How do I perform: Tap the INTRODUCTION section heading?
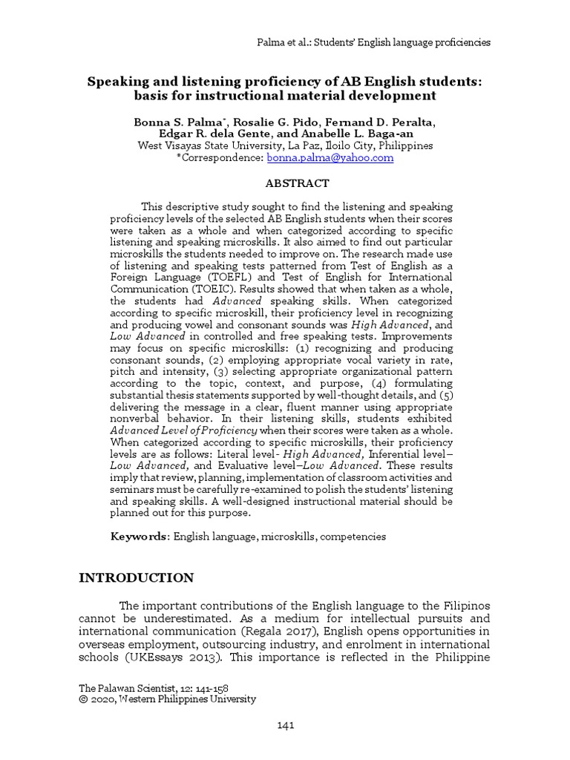point(137,578)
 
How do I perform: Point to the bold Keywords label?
point(140,536)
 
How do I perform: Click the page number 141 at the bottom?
point(284,725)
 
